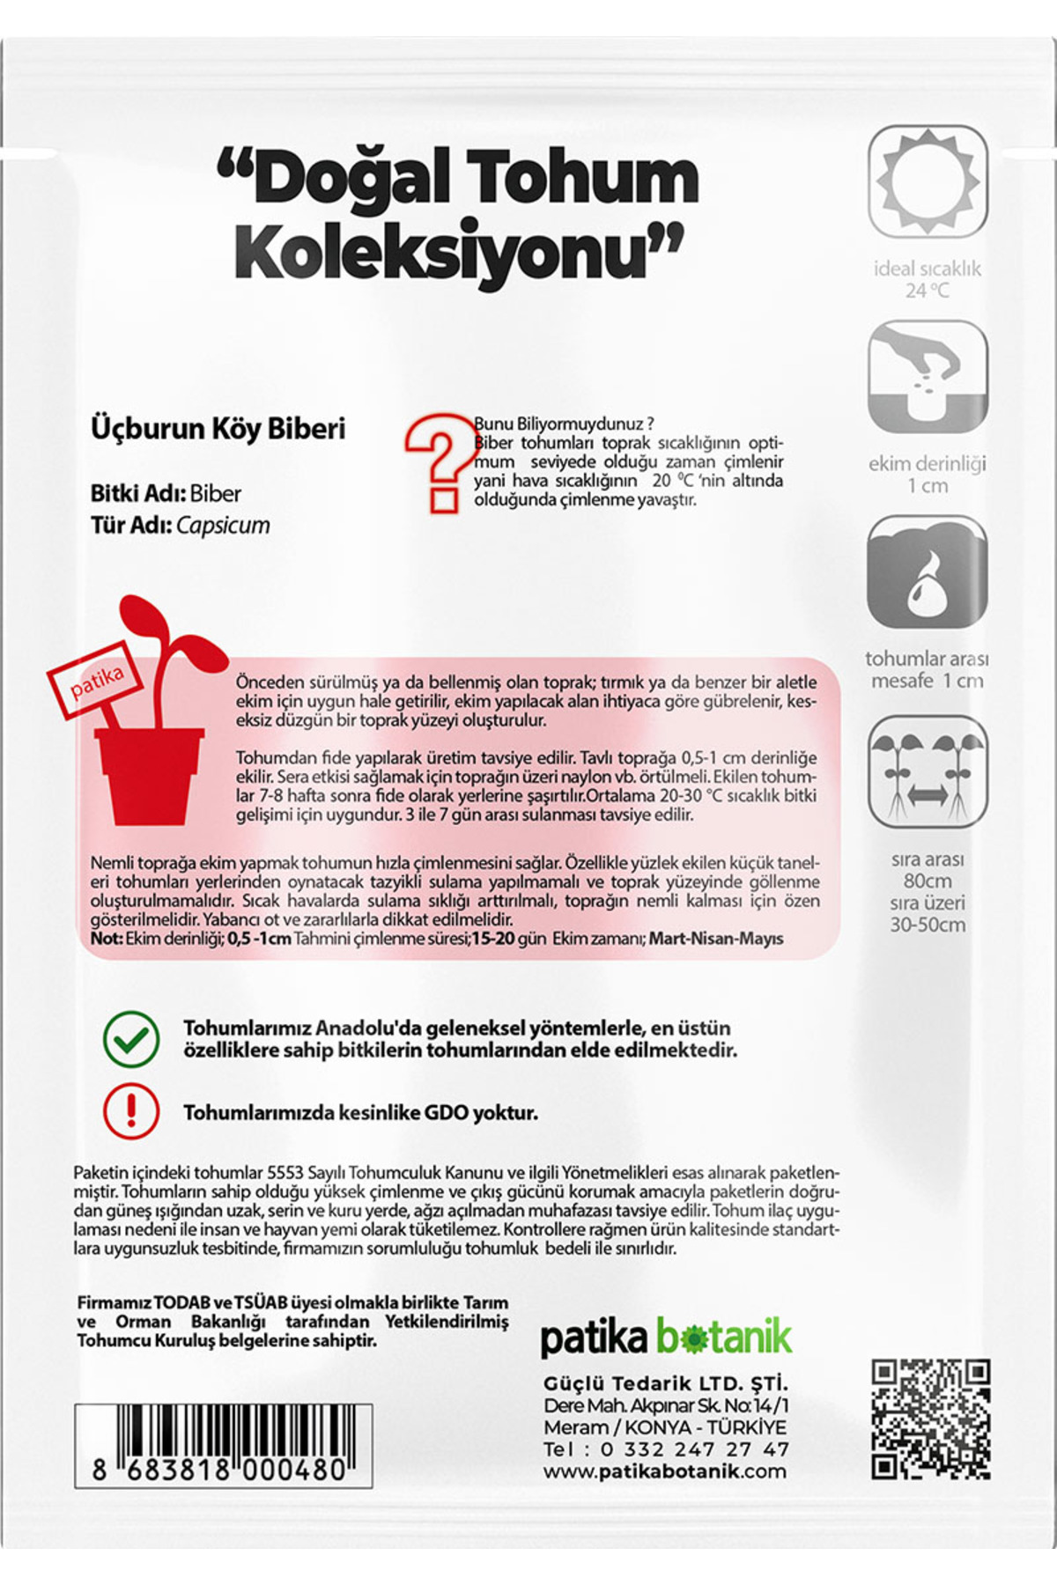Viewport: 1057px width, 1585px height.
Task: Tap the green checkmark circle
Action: click(131, 1039)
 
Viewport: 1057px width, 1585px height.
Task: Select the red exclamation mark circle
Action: click(131, 1112)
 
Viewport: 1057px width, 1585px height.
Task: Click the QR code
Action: click(930, 1419)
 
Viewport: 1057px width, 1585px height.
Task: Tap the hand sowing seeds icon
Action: click(928, 377)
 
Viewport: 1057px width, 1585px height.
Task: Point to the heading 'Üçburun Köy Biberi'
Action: click(218, 429)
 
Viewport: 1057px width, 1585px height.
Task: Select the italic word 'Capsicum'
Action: click(223, 526)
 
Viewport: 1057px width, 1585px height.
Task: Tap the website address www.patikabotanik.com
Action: click(664, 1471)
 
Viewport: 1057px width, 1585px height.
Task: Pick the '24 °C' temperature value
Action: click(928, 291)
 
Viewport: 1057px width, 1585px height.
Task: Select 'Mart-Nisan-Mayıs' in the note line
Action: click(716, 939)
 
